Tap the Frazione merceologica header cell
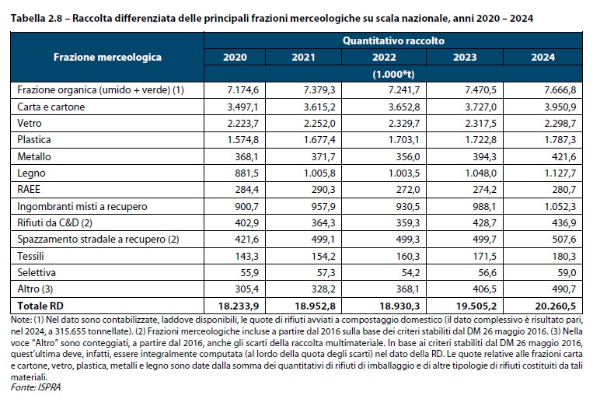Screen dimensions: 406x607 point(107,57)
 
